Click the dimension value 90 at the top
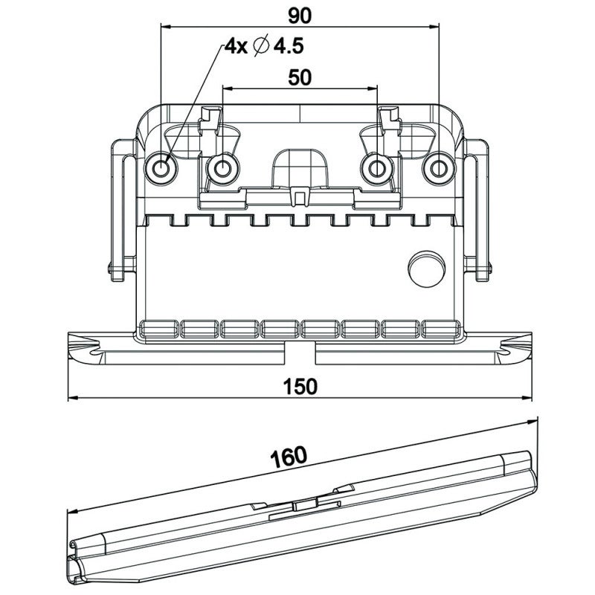point(299,14)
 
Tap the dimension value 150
point(300,386)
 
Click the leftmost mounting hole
point(161,170)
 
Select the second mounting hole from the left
point(221,170)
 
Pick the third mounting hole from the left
point(377,170)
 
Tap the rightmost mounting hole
point(437,170)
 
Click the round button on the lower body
point(425,266)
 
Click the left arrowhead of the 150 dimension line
point(72,400)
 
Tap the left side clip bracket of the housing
point(119,208)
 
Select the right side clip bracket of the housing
point(479,208)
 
